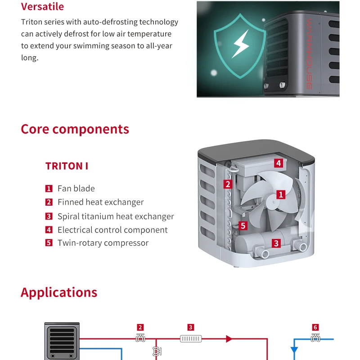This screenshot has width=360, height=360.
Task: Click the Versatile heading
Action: coord(42,7)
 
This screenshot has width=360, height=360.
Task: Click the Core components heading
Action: coord(75,129)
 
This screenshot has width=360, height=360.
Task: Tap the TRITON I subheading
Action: coord(67,166)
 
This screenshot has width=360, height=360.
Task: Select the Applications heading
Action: coord(59,292)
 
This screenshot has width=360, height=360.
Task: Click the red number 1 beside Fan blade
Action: coord(49,189)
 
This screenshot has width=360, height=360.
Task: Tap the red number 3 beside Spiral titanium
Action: coord(49,216)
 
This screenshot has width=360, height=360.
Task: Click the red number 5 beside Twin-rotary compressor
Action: coord(49,243)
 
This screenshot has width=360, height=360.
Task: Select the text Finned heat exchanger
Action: coord(100,202)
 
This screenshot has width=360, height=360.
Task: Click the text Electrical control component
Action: coord(112,230)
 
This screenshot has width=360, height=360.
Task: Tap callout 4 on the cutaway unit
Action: coord(279,163)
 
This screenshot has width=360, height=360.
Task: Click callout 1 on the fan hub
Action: coord(281,194)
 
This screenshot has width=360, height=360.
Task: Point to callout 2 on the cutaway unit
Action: coord(228,184)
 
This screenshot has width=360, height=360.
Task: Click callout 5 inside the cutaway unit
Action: coord(243,225)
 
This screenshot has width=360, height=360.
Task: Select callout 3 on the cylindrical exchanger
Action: coord(276,243)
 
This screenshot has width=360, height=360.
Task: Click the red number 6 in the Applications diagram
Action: coord(315,328)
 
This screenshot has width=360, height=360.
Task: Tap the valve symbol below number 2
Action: coord(140,338)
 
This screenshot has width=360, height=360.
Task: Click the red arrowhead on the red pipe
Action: coord(229,338)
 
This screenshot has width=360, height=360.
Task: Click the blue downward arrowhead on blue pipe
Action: coord(294,350)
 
